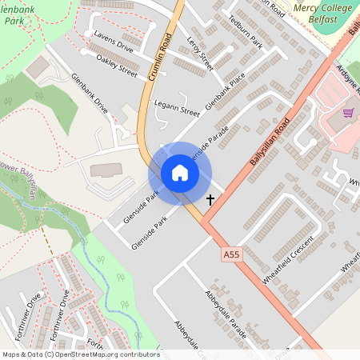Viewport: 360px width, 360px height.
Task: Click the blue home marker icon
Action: [x=179, y=173]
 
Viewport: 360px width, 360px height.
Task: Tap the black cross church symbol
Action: [x=211, y=199]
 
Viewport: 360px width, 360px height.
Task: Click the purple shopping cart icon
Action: [x=348, y=113]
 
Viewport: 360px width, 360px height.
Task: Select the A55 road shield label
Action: [x=231, y=254]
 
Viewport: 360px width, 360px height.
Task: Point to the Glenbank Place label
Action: [x=225, y=94]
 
